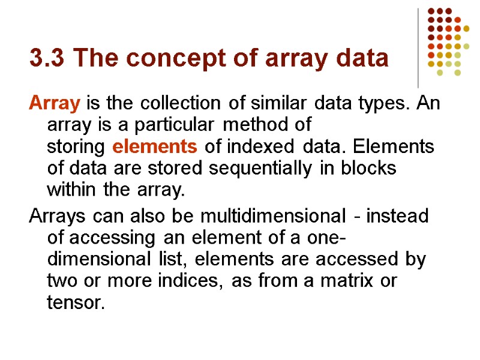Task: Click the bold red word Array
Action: [54, 103]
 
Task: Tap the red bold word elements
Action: [155, 146]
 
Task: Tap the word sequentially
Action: [257, 169]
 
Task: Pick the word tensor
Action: [76, 302]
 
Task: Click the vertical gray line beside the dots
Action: [418, 48]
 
